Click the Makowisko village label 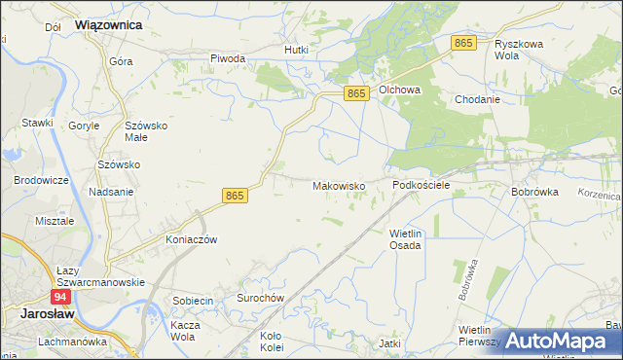click(x=338, y=185)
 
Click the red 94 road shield click(x=60, y=297)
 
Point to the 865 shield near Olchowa click(x=357, y=92)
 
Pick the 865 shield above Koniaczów click(x=236, y=196)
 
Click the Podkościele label click(x=421, y=184)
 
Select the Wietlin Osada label click(x=405, y=239)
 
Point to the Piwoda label click(x=228, y=58)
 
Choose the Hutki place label click(x=296, y=50)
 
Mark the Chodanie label click(x=477, y=99)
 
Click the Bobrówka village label click(x=534, y=192)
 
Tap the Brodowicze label click(x=40, y=181)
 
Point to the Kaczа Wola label click(x=185, y=331)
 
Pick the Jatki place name click(x=390, y=343)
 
